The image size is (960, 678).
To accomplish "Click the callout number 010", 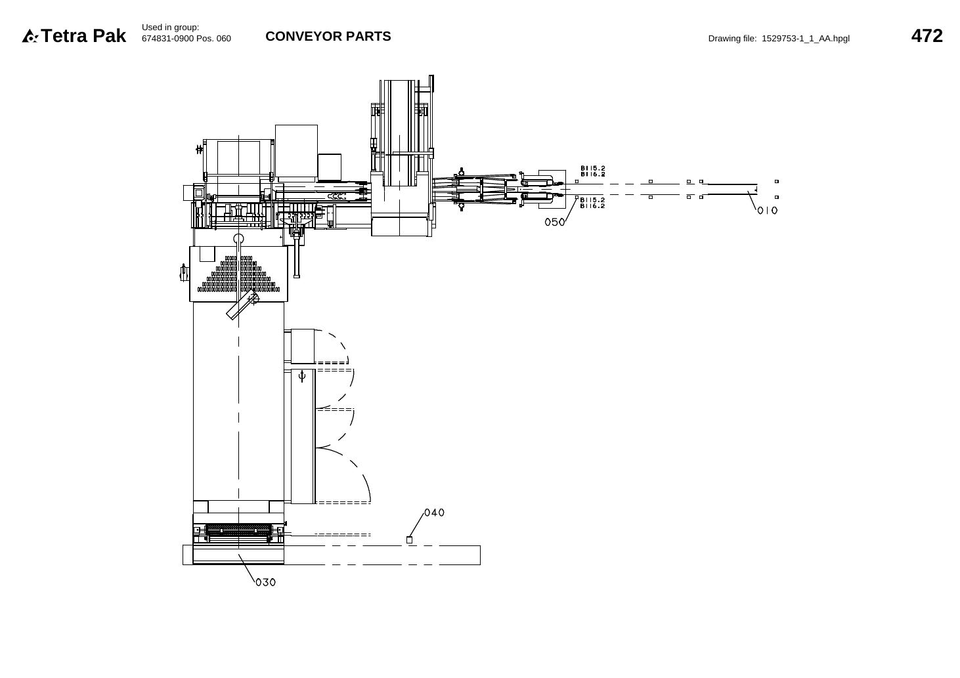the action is (767, 210).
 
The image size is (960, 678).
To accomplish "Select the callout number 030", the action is (266, 582).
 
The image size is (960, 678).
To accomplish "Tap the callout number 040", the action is (435, 513).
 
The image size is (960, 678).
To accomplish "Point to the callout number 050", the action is (555, 222).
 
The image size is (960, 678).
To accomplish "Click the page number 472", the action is (927, 36).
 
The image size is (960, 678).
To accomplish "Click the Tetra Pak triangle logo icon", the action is (30, 36).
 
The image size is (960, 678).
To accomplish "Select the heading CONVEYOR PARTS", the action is (328, 36).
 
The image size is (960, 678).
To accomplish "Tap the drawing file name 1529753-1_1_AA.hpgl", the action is (806, 39).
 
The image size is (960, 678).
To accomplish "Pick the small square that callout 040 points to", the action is (409, 540).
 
